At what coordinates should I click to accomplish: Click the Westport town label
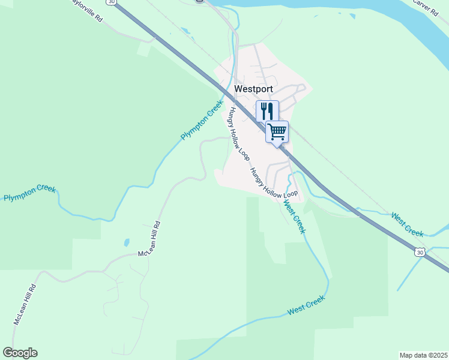253,89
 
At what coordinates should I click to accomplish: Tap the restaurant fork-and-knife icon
267,111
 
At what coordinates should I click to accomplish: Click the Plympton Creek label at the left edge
29,193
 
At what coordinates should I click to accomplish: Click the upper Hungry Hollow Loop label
238,136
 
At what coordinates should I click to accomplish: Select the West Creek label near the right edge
407,224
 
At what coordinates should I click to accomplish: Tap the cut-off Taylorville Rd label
88,10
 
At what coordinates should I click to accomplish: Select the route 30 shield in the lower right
420,253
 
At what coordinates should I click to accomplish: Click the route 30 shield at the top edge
111,2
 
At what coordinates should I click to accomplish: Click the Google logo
20,353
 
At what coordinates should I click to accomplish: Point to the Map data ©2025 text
423,355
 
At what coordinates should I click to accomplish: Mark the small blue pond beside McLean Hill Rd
127,243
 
